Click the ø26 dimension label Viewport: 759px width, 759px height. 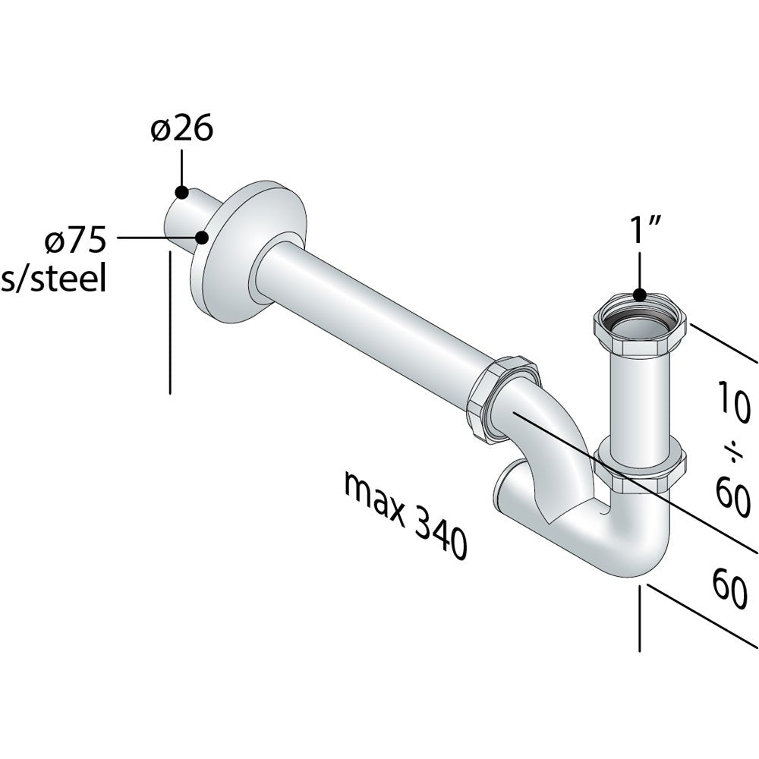[181, 129]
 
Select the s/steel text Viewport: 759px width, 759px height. [53, 279]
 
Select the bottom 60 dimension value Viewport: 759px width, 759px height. [730, 588]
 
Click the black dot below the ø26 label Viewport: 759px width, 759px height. [181, 192]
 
